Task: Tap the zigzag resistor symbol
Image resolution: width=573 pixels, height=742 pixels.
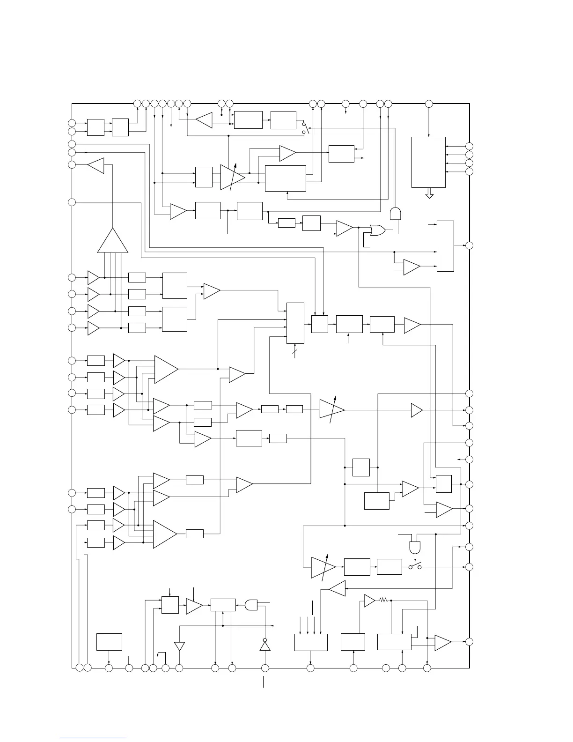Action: [383, 600]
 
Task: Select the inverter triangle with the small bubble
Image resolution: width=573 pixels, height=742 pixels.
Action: [265, 645]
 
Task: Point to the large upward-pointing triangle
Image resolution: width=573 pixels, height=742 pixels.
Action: [112, 242]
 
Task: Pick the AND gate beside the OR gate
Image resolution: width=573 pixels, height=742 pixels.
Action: [396, 214]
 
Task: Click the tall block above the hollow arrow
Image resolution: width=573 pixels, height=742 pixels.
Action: [428, 162]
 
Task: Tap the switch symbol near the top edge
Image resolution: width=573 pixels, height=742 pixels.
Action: [305, 128]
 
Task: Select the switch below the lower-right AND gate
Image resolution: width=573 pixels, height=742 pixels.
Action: [415, 566]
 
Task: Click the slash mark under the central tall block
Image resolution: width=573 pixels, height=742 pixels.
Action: [295, 351]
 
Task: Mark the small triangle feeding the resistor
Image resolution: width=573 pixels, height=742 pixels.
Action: [369, 600]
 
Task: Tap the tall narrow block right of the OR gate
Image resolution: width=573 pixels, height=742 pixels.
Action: [445, 246]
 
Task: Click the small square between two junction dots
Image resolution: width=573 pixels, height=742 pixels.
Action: [361, 467]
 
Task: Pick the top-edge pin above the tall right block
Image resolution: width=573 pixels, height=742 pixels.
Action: [429, 103]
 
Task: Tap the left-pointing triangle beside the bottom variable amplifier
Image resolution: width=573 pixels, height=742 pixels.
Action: [337, 588]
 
